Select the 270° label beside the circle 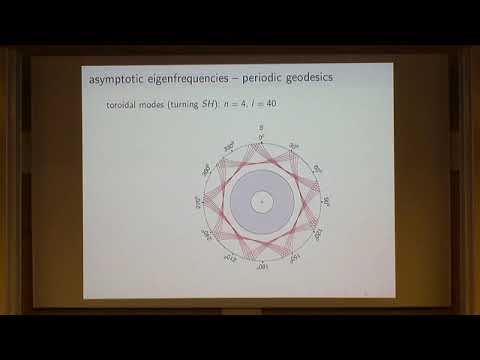point(197,201)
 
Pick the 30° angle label point(293,147)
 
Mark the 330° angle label point(229,147)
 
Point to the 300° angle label point(206,170)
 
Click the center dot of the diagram point(261,202)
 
